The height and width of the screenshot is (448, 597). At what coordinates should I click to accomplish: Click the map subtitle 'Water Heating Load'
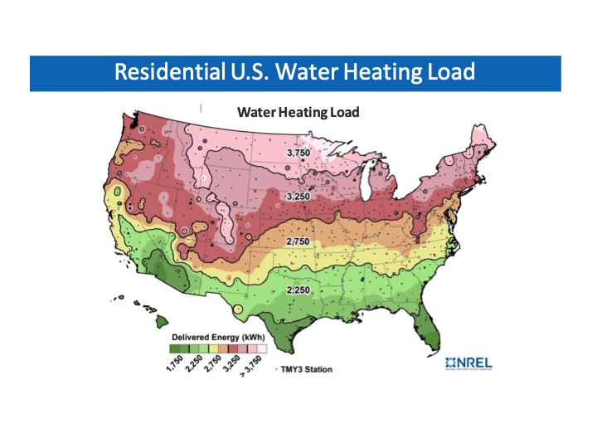298,111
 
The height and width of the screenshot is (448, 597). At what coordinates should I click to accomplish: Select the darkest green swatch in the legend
175,348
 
